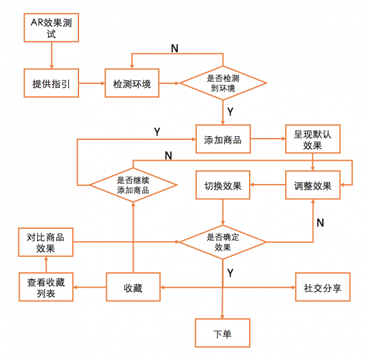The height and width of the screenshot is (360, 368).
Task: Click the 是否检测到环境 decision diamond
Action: [x=222, y=83]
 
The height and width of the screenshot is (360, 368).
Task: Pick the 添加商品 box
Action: [x=223, y=140]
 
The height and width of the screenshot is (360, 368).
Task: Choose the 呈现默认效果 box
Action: [x=313, y=140]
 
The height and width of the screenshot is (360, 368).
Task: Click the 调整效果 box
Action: [x=313, y=186]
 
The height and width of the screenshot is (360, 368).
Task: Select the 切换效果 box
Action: [x=223, y=186]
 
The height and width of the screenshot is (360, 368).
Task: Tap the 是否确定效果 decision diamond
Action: [x=222, y=242]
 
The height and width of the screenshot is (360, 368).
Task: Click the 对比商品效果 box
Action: [x=46, y=242]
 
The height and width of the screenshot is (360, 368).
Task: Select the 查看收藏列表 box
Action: [x=46, y=287]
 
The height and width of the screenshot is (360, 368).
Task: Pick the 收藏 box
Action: [x=133, y=287]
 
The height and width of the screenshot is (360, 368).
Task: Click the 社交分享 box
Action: [x=323, y=287]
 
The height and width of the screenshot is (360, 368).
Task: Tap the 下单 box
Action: [x=223, y=334]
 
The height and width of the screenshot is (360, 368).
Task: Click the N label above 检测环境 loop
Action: [x=175, y=48]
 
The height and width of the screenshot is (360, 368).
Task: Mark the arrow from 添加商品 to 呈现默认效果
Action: [x=267, y=140]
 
